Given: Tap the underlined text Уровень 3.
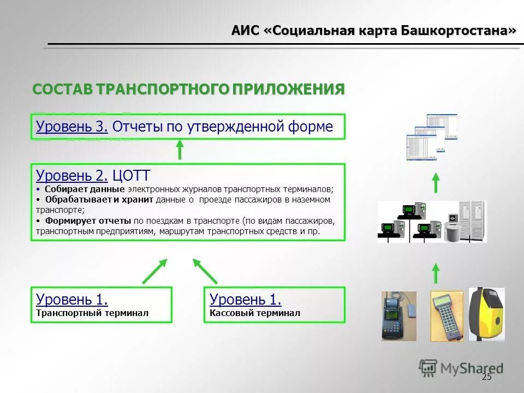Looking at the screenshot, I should click(72, 127).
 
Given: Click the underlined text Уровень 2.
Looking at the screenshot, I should click(72, 175).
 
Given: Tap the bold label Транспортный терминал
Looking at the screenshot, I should click(92, 313).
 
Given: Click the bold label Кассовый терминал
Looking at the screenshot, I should click(255, 313).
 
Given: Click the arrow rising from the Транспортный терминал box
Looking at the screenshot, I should click(155, 271).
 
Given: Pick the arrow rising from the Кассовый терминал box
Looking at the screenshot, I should click(205, 271).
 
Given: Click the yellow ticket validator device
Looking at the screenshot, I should click(487, 314).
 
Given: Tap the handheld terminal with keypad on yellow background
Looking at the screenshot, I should click(446, 315).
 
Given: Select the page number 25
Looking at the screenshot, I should click(487, 377).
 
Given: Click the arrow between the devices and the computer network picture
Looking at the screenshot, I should click(436, 272).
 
